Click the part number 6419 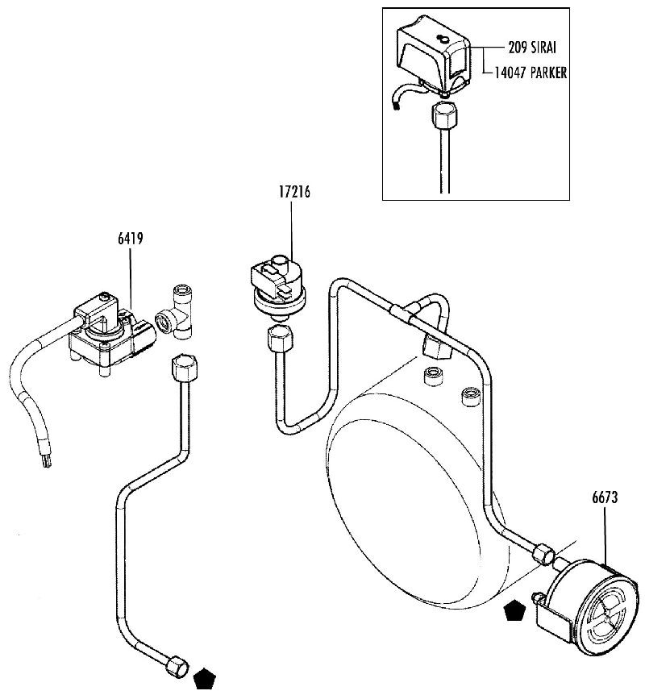131,239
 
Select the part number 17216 294,193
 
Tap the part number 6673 605,497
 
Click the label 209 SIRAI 532,48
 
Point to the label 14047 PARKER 531,73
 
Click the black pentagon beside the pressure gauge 514,611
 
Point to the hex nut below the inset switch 443,114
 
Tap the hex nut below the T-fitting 184,368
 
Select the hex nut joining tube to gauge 543,554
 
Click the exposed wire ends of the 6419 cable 47,462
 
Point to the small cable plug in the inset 396,106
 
